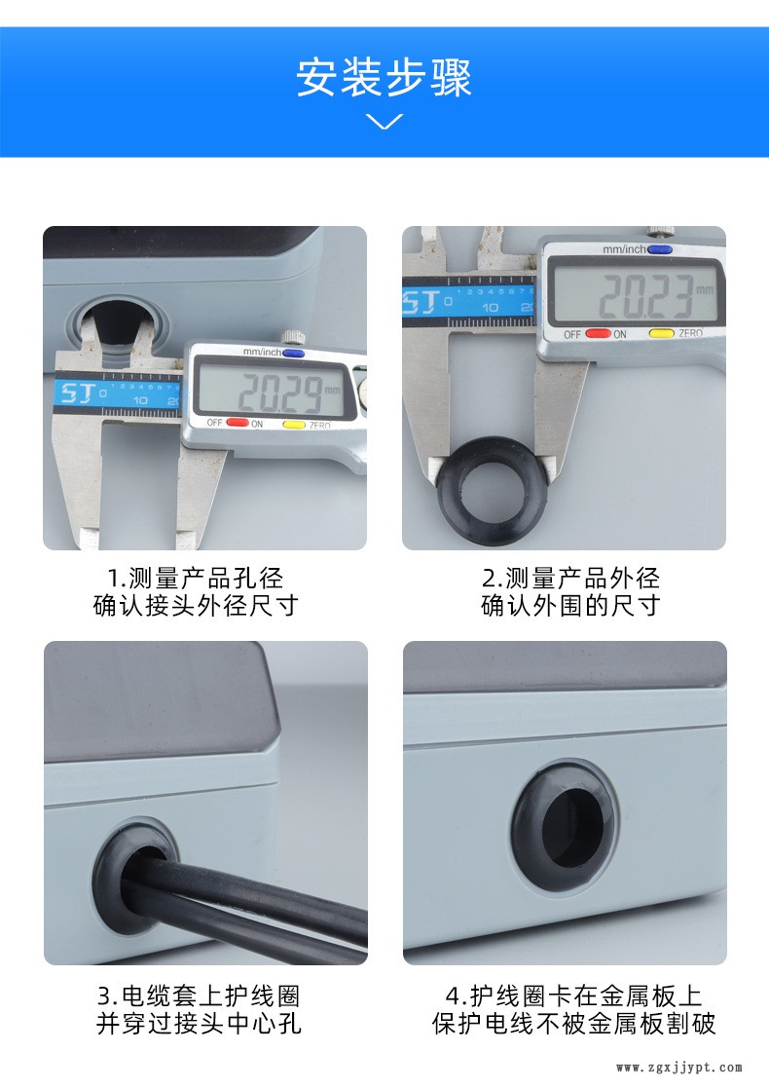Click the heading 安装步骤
tap(384, 77)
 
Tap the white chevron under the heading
tap(384, 122)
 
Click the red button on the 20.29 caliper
tap(238, 423)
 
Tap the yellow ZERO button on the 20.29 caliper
tap(294, 425)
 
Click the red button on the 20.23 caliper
tap(599, 333)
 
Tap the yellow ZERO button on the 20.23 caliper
tap(661, 333)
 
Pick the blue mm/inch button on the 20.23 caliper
tap(659, 249)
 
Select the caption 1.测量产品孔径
tap(196, 578)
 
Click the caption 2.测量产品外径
tap(570, 578)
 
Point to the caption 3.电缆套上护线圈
tap(199, 995)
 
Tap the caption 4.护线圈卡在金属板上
tap(573, 995)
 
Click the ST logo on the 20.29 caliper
tap(76, 394)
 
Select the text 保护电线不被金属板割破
tap(573, 1024)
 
